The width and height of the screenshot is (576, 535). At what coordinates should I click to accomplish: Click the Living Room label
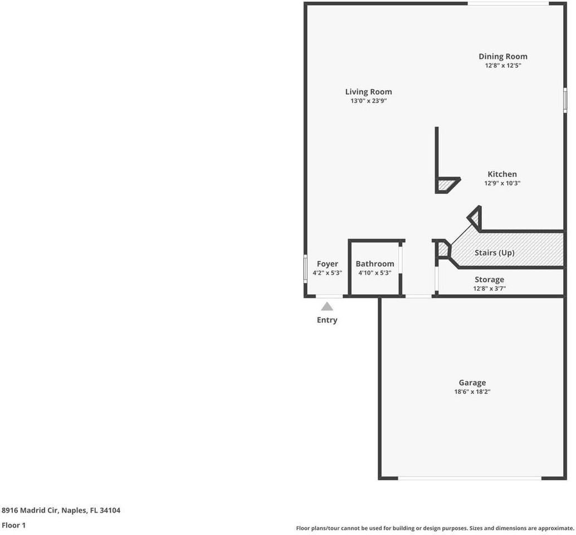coord(368,92)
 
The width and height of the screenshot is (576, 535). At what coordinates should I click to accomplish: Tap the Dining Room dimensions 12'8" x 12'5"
coord(502,65)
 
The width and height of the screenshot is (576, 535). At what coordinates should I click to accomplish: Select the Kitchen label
coord(502,174)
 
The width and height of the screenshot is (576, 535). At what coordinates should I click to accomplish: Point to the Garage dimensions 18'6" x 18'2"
coord(472,392)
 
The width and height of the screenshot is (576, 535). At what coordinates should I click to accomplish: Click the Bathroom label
coord(375,264)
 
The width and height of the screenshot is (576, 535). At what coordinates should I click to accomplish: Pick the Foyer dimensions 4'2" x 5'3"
coord(327,273)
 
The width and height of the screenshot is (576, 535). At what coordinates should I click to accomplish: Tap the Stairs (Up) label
coord(494,252)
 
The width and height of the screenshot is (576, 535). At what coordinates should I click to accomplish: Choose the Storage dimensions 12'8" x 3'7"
coord(489,289)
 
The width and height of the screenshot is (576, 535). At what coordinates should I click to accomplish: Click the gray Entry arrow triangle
coord(327,307)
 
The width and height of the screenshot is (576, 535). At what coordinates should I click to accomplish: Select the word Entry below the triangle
coord(327,320)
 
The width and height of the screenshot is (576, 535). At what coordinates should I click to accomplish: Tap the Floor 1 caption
coord(14,525)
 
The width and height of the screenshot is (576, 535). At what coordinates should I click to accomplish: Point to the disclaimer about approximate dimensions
coord(435,528)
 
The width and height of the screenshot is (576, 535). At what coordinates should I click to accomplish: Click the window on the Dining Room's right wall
coord(565,100)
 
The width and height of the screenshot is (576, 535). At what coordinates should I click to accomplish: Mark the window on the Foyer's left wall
coord(305,268)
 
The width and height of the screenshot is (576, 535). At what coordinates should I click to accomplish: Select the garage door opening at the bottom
coord(470,478)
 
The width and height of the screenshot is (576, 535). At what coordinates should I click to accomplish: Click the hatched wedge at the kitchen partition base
coord(446,185)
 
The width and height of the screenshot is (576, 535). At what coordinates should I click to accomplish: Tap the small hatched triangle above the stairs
coord(475,217)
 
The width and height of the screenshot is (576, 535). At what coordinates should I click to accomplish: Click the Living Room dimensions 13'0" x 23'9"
coord(368,101)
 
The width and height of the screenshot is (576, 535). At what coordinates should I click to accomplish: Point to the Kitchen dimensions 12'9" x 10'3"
coord(502,183)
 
